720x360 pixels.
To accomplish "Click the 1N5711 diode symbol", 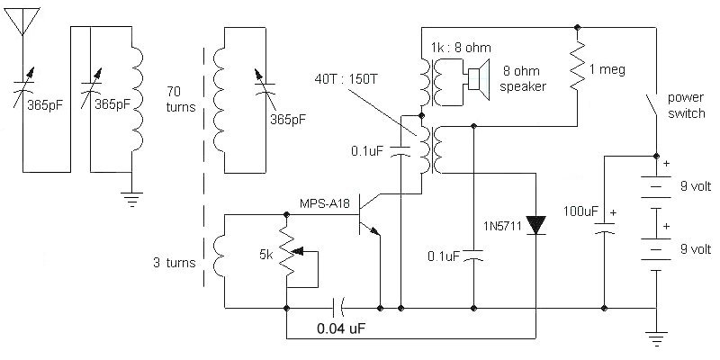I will (536, 222).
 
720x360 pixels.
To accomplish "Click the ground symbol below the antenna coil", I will (132, 200).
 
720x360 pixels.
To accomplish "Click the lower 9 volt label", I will (695, 250).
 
